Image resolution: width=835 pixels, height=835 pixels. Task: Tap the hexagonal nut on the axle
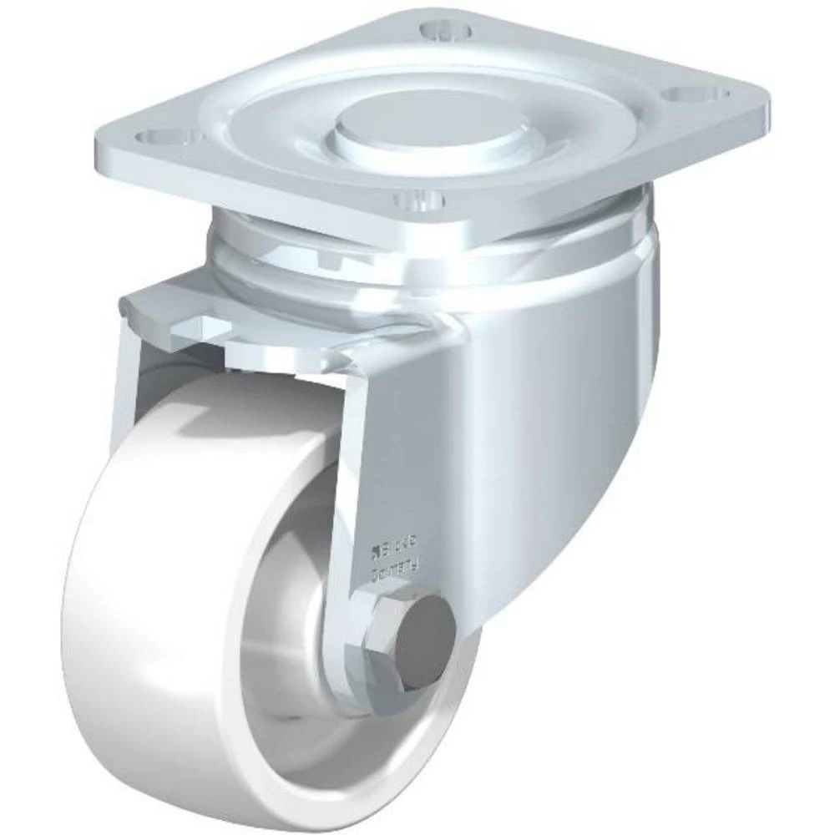[x=392, y=635]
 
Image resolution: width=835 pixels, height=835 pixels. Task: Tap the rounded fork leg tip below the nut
[x=384, y=693]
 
